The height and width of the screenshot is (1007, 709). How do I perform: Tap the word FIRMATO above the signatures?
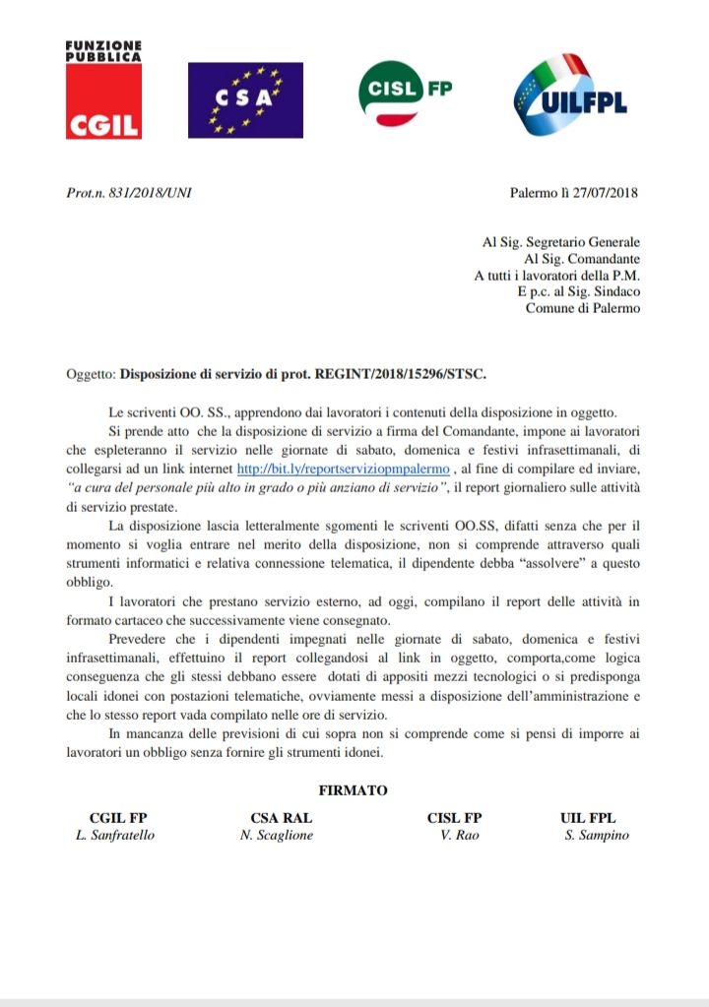(354, 790)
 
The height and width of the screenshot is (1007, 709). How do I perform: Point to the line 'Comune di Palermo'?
(582, 308)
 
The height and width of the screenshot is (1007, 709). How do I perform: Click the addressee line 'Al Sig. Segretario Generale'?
(561, 242)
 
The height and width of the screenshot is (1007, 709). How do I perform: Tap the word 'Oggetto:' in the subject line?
(90, 375)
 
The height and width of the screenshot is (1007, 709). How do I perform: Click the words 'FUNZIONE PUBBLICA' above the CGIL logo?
(103, 52)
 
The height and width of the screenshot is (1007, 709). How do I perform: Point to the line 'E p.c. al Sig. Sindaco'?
(578, 292)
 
